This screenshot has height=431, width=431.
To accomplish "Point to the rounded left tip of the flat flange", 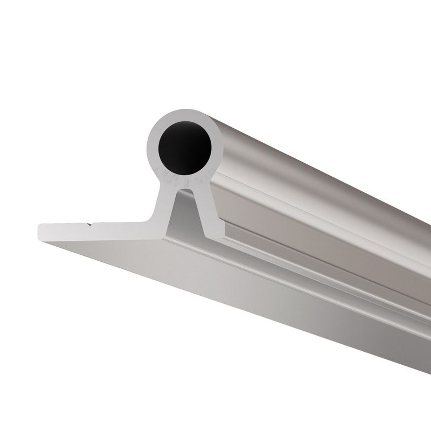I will click(x=39, y=232).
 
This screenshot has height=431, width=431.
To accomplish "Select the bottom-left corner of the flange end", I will click(x=41, y=239).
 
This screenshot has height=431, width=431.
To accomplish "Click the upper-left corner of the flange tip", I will click(x=41, y=225).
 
